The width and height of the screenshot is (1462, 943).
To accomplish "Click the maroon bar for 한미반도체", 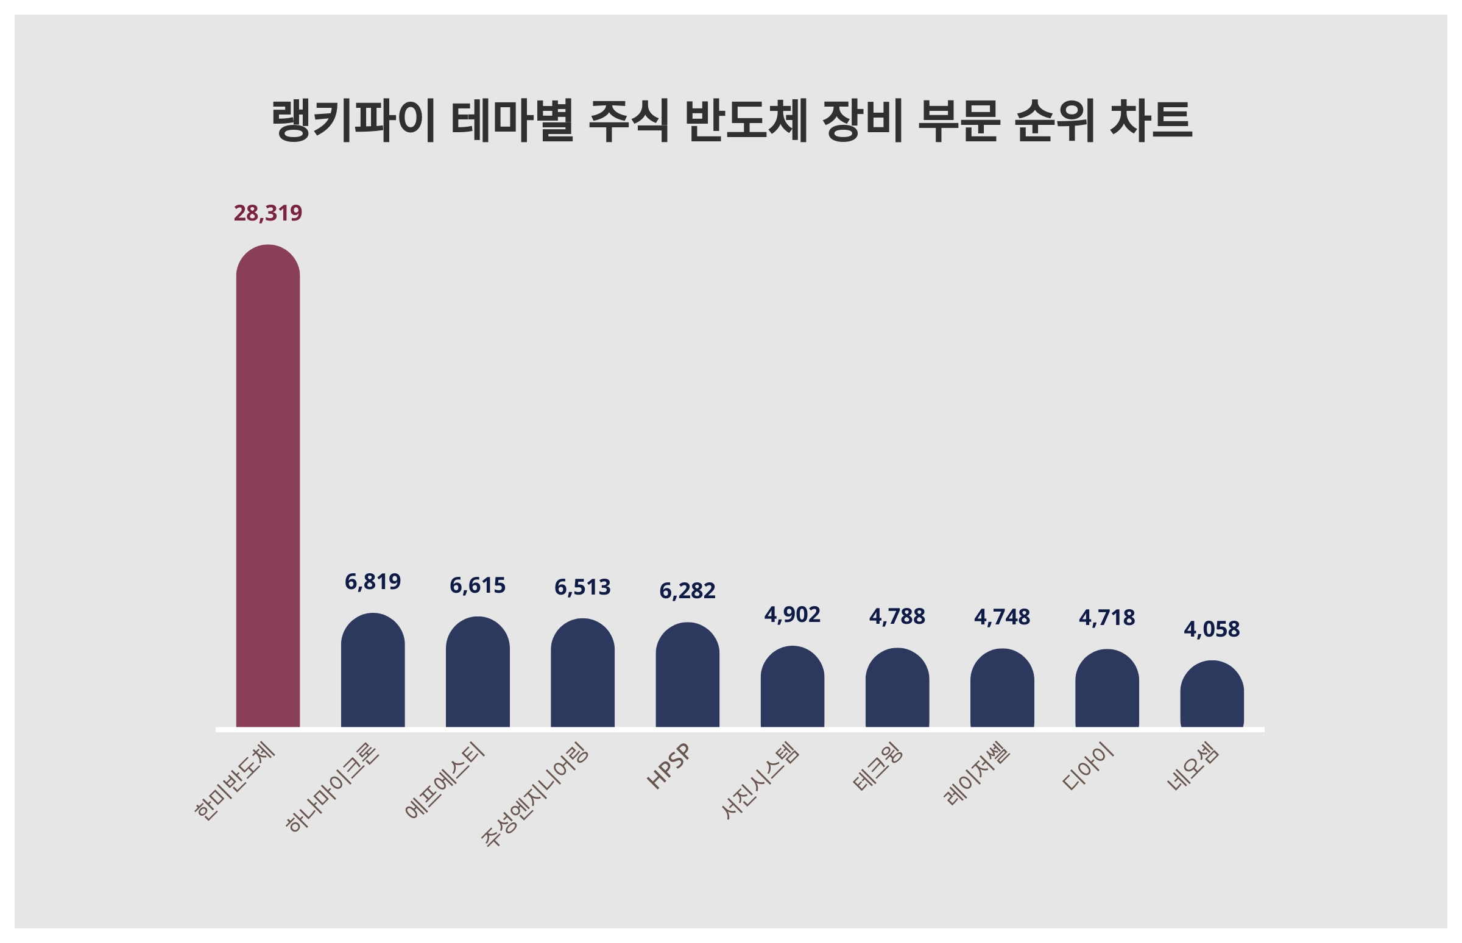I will (x=267, y=487).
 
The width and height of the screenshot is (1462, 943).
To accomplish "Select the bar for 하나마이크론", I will (x=372, y=671).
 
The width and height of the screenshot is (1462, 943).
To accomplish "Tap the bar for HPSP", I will (x=687, y=676).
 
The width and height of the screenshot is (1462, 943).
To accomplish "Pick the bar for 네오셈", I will (x=1212, y=695).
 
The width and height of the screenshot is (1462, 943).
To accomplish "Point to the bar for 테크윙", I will (x=897, y=689).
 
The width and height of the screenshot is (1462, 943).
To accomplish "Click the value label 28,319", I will (x=267, y=213).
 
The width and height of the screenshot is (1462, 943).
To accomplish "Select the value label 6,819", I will (x=372, y=582).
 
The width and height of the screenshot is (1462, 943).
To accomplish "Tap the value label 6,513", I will (x=582, y=587).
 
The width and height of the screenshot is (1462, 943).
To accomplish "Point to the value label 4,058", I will (x=1212, y=629).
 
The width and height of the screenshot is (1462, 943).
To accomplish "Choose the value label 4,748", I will (x=1001, y=617).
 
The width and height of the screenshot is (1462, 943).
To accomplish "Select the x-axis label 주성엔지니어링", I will (x=535, y=795).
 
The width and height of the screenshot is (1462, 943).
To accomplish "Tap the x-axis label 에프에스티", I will (x=445, y=780).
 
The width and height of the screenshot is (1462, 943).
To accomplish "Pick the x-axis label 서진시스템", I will (x=760, y=780).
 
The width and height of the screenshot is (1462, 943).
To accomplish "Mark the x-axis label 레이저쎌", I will (x=977, y=774).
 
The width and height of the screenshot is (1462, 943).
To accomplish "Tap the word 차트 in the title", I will (x=1150, y=121).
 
